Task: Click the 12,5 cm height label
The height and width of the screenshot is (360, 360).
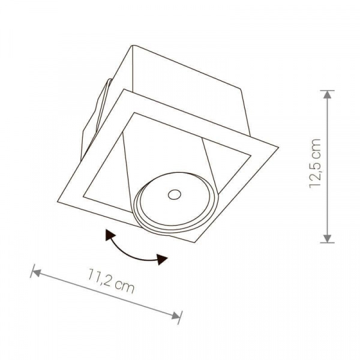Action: (x=315, y=163)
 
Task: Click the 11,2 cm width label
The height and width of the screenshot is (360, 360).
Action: (x=111, y=281)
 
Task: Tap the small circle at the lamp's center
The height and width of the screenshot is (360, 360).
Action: (x=175, y=194)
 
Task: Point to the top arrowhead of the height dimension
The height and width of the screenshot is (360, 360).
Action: (x=328, y=94)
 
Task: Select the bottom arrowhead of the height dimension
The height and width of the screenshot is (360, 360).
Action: (x=328, y=239)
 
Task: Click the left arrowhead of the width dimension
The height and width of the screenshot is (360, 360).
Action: (x=37, y=273)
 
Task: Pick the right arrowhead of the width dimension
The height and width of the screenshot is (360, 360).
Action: (x=176, y=316)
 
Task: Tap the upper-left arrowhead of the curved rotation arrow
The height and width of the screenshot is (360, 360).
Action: (x=110, y=235)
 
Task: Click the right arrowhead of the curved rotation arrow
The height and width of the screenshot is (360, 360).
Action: (x=162, y=259)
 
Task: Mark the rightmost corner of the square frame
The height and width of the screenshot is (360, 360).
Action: (x=278, y=147)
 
